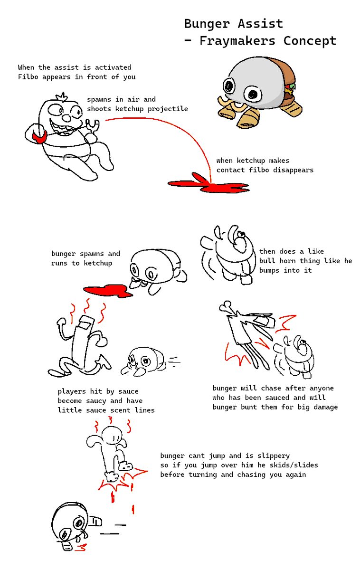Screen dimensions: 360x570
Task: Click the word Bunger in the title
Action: [207, 24]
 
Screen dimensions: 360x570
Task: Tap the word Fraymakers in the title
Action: [237, 41]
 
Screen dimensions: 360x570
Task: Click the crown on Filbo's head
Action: [62, 97]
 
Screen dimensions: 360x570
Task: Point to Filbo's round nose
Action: [67, 118]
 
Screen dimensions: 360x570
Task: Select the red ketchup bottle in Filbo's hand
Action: [39, 137]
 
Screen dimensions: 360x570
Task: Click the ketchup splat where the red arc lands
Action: [208, 183]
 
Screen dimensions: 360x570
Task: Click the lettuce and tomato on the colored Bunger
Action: [290, 88]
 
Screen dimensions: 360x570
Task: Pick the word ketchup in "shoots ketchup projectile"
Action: [129, 109]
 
